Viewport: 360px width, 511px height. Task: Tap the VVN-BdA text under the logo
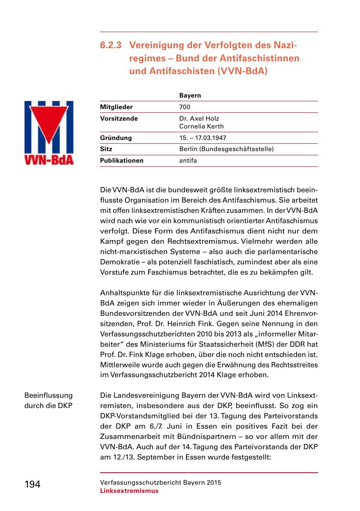click(x=49, y=159)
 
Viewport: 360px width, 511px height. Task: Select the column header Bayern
click(x=190, y=96)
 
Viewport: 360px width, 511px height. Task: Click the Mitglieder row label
click(x=116, y=107)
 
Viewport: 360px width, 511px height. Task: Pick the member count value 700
click(x=185, y=107)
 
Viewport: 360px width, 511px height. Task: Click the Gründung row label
click(x=116, y=138)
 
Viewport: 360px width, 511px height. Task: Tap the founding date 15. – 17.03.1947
click(x=203, y=138)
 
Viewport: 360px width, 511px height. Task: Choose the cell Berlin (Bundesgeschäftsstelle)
click(x=226, y=149)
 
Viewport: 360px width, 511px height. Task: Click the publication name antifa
click(x=188, y=161)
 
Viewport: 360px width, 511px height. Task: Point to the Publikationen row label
click(x=122, y=161)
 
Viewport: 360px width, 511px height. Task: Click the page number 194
click(x=33, y=485)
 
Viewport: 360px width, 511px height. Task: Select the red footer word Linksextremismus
click(x=129, y=491)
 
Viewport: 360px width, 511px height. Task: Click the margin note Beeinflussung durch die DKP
click(x=49, y=400)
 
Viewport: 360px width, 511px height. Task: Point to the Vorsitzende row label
click(x=119, y=119)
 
